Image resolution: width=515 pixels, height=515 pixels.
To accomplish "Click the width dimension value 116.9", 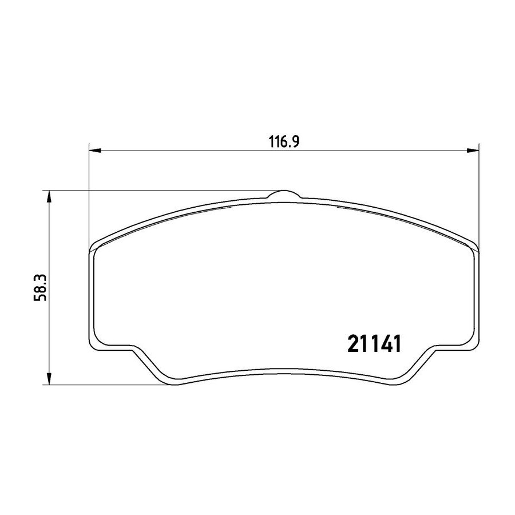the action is [284, 142].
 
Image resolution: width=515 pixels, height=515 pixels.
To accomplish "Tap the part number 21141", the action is [374, 344].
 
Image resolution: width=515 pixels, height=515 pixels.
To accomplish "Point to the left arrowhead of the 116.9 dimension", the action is [95, 150].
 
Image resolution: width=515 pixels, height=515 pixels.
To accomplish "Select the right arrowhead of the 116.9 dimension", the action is [473, 150].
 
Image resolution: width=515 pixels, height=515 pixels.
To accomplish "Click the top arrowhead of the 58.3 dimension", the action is [49, 196].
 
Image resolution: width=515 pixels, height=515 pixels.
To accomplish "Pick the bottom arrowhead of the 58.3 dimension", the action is [49, 379].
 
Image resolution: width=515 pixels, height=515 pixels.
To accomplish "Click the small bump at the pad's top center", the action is [284, 194].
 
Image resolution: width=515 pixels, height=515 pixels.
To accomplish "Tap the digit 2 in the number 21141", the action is [353, 344].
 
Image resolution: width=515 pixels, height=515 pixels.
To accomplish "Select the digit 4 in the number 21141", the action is [385, 344].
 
